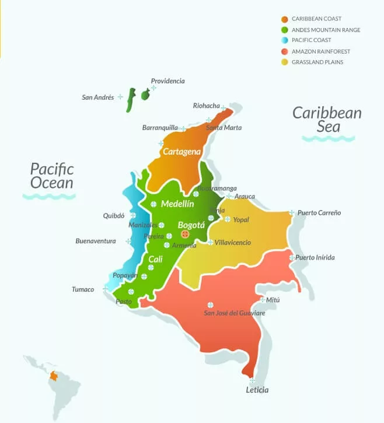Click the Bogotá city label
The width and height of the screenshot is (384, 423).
click(191, 225)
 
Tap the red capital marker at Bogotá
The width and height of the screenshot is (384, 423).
click(186, 234)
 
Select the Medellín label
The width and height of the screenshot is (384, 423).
click(177, 204)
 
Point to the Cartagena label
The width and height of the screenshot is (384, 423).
click(181, 152)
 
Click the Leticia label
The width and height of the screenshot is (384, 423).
click(257, 390)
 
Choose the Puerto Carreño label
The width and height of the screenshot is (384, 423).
click(319, 213)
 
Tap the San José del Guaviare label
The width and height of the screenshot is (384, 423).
click(234, 313)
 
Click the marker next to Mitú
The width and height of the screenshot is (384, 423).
click(261, 299)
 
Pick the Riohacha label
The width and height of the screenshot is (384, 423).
click(206, 106)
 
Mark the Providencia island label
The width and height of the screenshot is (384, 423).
click(167, 81)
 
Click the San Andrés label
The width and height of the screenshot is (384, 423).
click(98, 97)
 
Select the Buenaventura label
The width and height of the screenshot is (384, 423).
click(96, 241)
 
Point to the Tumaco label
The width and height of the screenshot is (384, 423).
click(83, 289)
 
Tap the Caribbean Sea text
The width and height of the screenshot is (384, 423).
click(327, 120)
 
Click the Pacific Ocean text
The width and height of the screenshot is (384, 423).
click(52, 176)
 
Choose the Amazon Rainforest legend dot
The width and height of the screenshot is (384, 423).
click(284, 51)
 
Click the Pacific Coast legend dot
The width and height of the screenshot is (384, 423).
click(284, 40)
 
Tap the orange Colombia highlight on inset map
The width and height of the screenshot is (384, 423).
click(54, 376)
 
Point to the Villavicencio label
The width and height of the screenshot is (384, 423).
click(233, 242)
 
